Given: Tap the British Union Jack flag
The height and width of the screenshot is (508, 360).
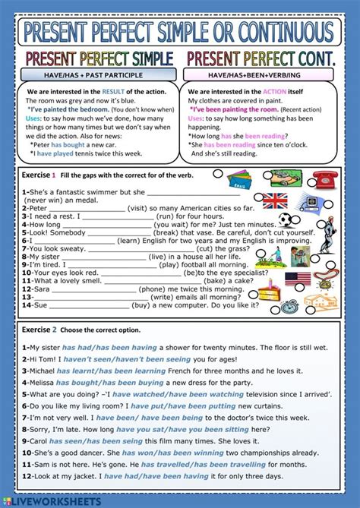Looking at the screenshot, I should coord(274,200).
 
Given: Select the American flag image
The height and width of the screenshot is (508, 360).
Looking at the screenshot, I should coord(298,279).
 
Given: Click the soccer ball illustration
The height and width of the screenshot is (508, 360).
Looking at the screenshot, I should coord(286,220).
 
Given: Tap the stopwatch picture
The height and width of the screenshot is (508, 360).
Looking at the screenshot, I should coord(289,306).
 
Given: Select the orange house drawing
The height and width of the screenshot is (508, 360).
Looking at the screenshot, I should coord(321,302).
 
